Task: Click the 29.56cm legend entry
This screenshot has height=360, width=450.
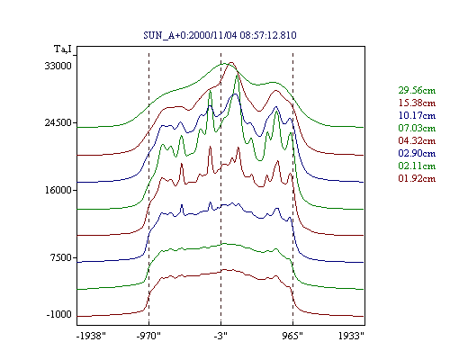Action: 417,90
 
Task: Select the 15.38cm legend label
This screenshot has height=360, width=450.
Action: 417,103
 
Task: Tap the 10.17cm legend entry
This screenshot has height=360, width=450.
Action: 417,115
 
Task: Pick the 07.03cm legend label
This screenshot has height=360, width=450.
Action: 417,128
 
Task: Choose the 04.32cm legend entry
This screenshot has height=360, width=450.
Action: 417,140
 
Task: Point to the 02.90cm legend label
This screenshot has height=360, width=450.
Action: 417,153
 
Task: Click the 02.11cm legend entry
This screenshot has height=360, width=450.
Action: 417,166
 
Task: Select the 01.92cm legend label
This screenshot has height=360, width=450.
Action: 417,178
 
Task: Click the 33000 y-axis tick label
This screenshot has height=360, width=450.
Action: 58,66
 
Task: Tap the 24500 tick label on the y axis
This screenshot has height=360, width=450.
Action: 58,122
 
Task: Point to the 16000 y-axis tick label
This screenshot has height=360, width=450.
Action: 58,190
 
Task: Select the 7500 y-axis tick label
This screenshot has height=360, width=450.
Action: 61,257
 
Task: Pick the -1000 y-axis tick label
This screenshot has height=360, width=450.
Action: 59,314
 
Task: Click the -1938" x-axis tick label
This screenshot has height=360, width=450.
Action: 92,336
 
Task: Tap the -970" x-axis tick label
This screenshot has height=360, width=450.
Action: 148,336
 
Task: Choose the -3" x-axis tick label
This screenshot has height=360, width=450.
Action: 220,336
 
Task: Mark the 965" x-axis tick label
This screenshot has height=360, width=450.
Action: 292,336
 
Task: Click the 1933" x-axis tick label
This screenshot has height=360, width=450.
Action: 351,336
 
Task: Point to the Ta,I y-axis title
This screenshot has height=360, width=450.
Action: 63,49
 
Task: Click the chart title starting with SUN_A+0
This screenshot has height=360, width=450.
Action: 220,35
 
